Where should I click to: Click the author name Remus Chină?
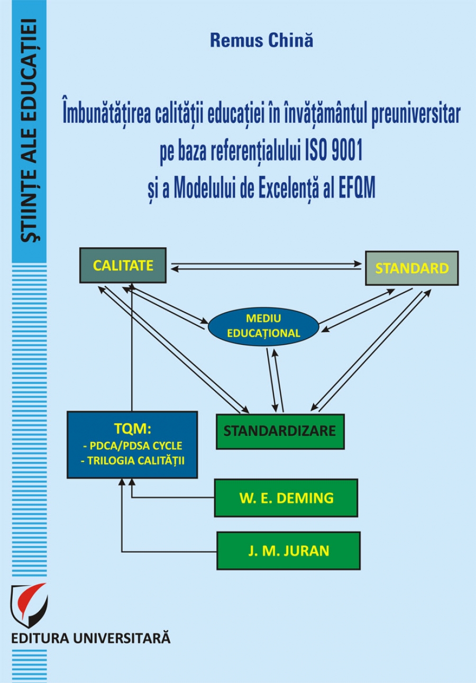261,41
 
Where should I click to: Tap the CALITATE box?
123,265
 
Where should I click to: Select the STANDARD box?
411,268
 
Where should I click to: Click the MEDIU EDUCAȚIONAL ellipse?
263,326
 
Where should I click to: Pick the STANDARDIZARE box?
280,431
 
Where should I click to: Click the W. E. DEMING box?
286,498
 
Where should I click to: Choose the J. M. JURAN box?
288,551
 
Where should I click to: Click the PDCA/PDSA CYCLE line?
132,444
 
